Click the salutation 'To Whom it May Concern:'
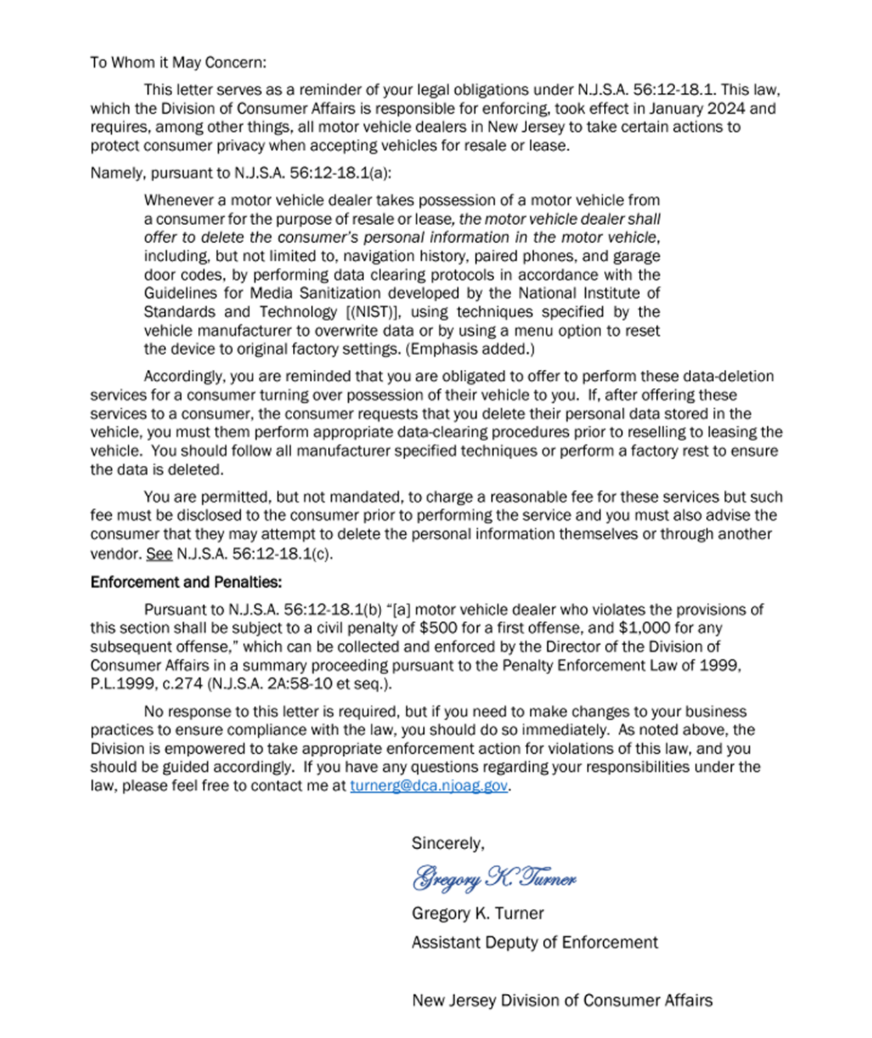[178, 62]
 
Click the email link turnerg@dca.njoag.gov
[429, 786]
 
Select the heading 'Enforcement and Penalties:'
[186, 582]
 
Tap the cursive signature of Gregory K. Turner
[494, 878]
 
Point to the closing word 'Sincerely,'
[448, 843]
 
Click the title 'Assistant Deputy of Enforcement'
[534, 942]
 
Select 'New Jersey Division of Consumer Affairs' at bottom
[562, 1000]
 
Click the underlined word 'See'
[159, 554]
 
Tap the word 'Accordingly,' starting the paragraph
[185, 376]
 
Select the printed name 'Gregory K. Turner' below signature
[477, 913]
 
